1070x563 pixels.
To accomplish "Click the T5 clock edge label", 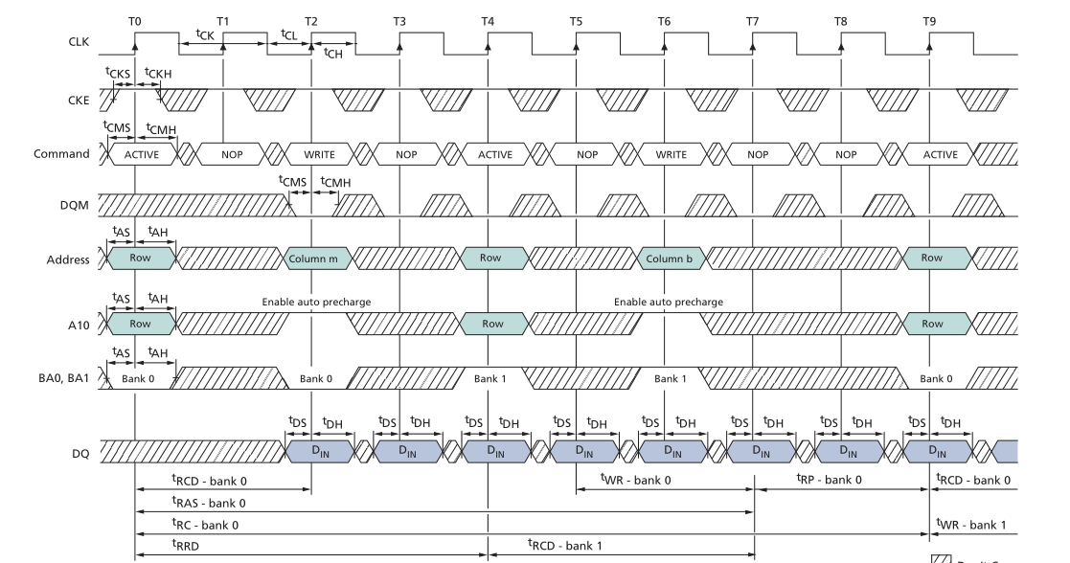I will point(576,21).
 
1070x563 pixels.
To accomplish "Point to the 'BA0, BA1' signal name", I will point(62,377).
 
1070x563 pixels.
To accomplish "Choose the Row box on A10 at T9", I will point(931,325).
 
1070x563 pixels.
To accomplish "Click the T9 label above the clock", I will point(929,21).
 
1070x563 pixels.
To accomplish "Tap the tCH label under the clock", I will point(333,54).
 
